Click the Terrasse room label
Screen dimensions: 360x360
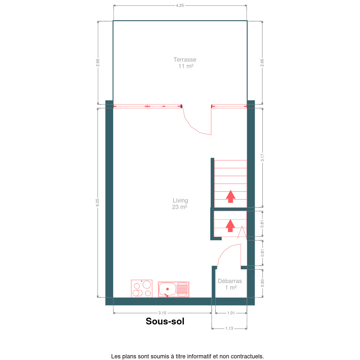click(185, 60)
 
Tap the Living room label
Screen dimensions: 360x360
click(180, 201)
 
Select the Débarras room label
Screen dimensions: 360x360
click(230, 281)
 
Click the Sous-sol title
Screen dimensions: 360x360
click(165, 321)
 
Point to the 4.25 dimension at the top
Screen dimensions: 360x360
click(180, 6)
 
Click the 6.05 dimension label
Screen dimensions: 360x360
click(97, 202)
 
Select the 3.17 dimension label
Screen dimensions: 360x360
click(262, 157)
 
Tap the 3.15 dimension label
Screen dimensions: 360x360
click(162, 313)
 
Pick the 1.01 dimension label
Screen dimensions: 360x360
click(231, 313)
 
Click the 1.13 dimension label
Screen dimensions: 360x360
click(229, 328)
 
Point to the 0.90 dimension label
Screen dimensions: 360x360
click(262, 283)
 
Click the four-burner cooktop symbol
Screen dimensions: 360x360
click(142, 289)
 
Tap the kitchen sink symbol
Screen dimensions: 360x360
click(173, 289)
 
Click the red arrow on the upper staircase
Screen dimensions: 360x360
click(231, 197)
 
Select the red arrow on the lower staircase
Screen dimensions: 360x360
click(230, 226)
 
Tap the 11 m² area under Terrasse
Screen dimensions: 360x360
click(186, 66)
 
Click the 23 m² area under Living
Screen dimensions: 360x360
click(180, 207)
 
